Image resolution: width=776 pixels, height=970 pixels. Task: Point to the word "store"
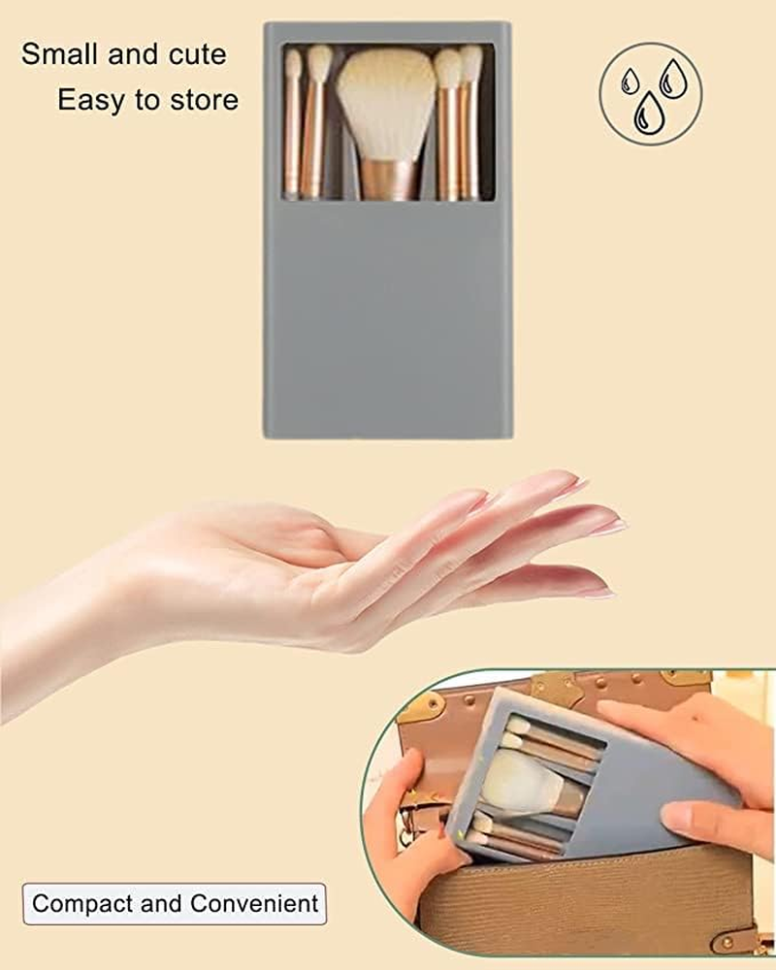tap(203, 100)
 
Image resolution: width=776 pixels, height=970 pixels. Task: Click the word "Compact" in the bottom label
tap(82, 904)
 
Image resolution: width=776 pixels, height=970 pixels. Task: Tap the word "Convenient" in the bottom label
tap(254, 904)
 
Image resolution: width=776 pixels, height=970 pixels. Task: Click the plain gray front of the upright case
tap(388, 320)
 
